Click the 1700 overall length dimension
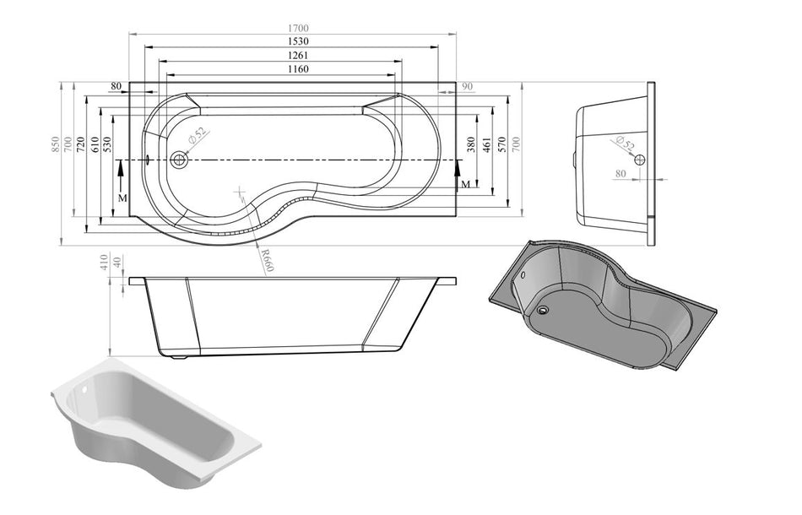tap(294, 27)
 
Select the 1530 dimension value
tap(294, 41)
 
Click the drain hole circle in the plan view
tap(178, 159)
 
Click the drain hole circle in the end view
tap(639, 160)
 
